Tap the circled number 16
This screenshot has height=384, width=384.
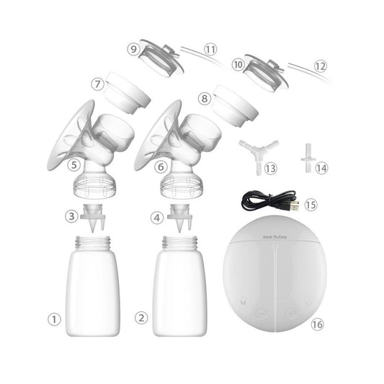tap(317, 324)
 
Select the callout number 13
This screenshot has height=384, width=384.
tap(270, 168)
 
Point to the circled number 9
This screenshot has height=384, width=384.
tap(133, 49)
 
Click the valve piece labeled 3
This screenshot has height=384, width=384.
tap(92, 214)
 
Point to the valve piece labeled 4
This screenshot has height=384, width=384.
tap(180, 215)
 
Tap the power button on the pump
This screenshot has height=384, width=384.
tap(308, 302)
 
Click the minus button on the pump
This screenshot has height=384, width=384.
tap(261, 313)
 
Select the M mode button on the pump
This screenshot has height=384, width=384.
tap(244, 303)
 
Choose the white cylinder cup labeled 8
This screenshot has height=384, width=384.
tap(233, 105)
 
